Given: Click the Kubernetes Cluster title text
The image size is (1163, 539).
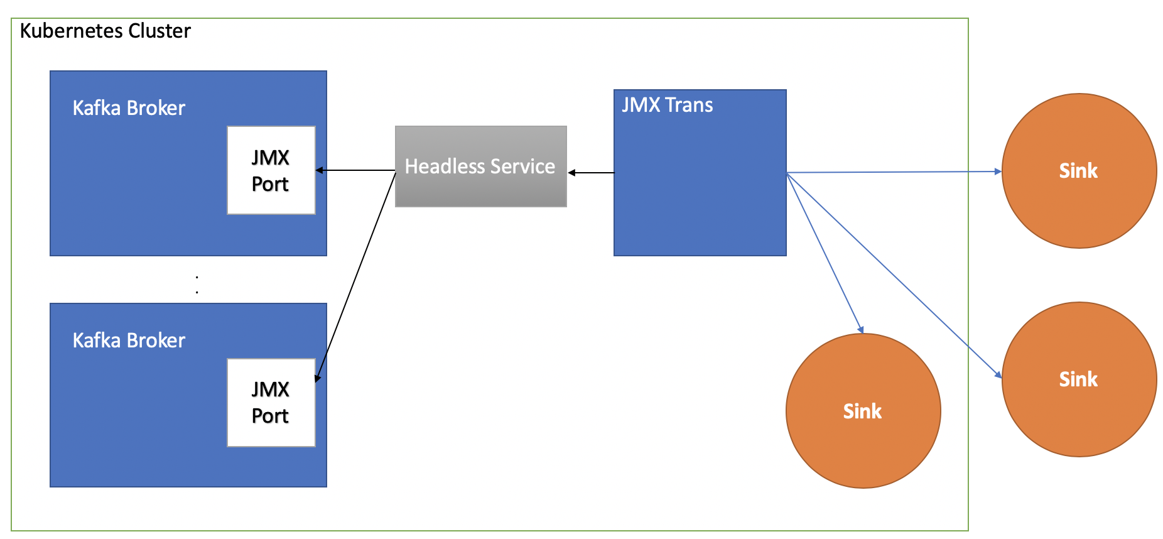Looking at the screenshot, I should (105, 31).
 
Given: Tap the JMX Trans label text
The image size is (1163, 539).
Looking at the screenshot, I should (667, 105).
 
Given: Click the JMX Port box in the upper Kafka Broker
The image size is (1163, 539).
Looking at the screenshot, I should (271, 170).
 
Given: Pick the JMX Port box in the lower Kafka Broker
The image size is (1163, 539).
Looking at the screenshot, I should (271, 403).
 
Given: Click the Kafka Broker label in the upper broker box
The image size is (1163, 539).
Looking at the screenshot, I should (129, 108).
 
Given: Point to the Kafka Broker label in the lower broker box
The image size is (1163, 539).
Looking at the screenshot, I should (129, 340).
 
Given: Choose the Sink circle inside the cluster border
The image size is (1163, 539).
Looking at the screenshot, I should (863, 411).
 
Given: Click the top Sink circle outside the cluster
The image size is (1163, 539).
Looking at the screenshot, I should (1078, 171).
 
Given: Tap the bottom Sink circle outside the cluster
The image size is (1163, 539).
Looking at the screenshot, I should (1078, 379).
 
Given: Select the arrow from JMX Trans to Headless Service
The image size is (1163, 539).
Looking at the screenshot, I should (592, 173).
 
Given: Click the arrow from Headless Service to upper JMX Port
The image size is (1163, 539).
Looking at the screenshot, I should (355, 170).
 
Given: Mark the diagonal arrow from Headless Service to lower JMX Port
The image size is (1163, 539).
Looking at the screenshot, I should (355, 276).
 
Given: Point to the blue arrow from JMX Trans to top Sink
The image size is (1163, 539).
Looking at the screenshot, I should (892, 172).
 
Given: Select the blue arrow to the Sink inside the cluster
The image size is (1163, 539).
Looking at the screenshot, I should (825, 253).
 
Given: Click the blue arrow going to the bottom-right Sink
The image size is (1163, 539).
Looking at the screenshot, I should (892, 274).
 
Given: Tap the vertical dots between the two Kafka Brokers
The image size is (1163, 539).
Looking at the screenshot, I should (197, 285).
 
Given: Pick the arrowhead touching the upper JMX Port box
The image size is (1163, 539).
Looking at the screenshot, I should (319, 170).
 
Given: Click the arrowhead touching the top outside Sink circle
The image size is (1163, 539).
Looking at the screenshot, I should (998, 171).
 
